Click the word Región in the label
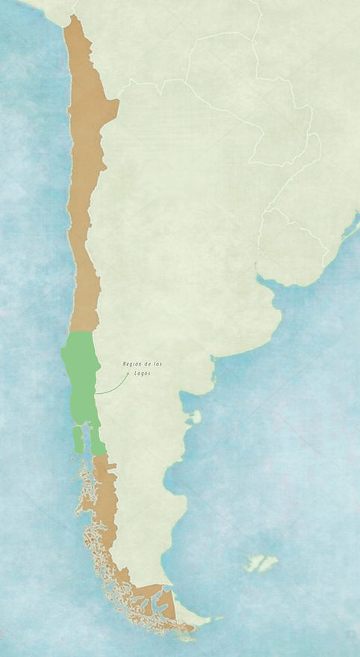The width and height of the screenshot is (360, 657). pyautogui.click(x=131, y=364)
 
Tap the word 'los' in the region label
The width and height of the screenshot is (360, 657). pyautogui.click(x=156, y=364)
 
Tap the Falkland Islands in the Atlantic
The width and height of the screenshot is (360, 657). pyautogui.click(x=261, y=562)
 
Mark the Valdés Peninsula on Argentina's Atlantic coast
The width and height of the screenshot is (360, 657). pyautogui.click(x=196, y=418)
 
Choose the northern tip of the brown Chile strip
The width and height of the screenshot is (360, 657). pyautogui.click(x=72, y=18)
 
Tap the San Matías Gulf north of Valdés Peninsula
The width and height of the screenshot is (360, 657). pyautogui.click(x=184, y=404)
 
